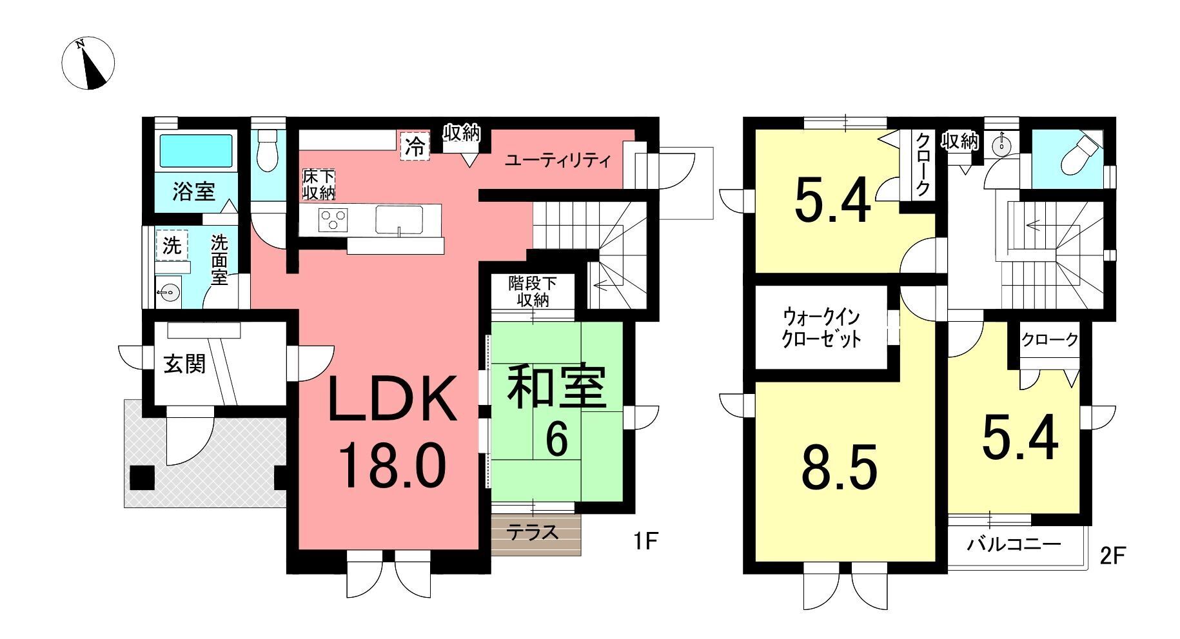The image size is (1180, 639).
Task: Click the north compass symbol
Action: pyautogui.click(x=88, y=64)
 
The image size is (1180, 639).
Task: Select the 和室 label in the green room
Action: pyautogui.click(x=557, y=388)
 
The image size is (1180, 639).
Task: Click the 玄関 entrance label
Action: pyautogui.click(x=184, y=364)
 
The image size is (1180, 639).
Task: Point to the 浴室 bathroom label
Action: pyautogui.click(x=193, y=191)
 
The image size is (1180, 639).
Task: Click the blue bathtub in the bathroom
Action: pyautogui.click(x=195, y=151)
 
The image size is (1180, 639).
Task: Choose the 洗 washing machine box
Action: pyautogui.click(x=172, y=245)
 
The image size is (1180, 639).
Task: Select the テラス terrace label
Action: pyautogui.click(x=532, y=533)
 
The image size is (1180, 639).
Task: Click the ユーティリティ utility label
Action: pyautogui.click(x=558, y=160)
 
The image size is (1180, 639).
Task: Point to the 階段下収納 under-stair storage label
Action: pyautogui.click(x=532, y=291)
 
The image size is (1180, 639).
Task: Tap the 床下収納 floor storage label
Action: pyautogui.click(x=319, y=184)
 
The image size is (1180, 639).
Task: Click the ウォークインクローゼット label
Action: pyautogui.click(x=821, y=328)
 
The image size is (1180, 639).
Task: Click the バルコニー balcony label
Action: pyautogui.click(x=1014, y=545)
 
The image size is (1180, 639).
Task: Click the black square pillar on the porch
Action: pyautogui.click(x=142, y=478)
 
